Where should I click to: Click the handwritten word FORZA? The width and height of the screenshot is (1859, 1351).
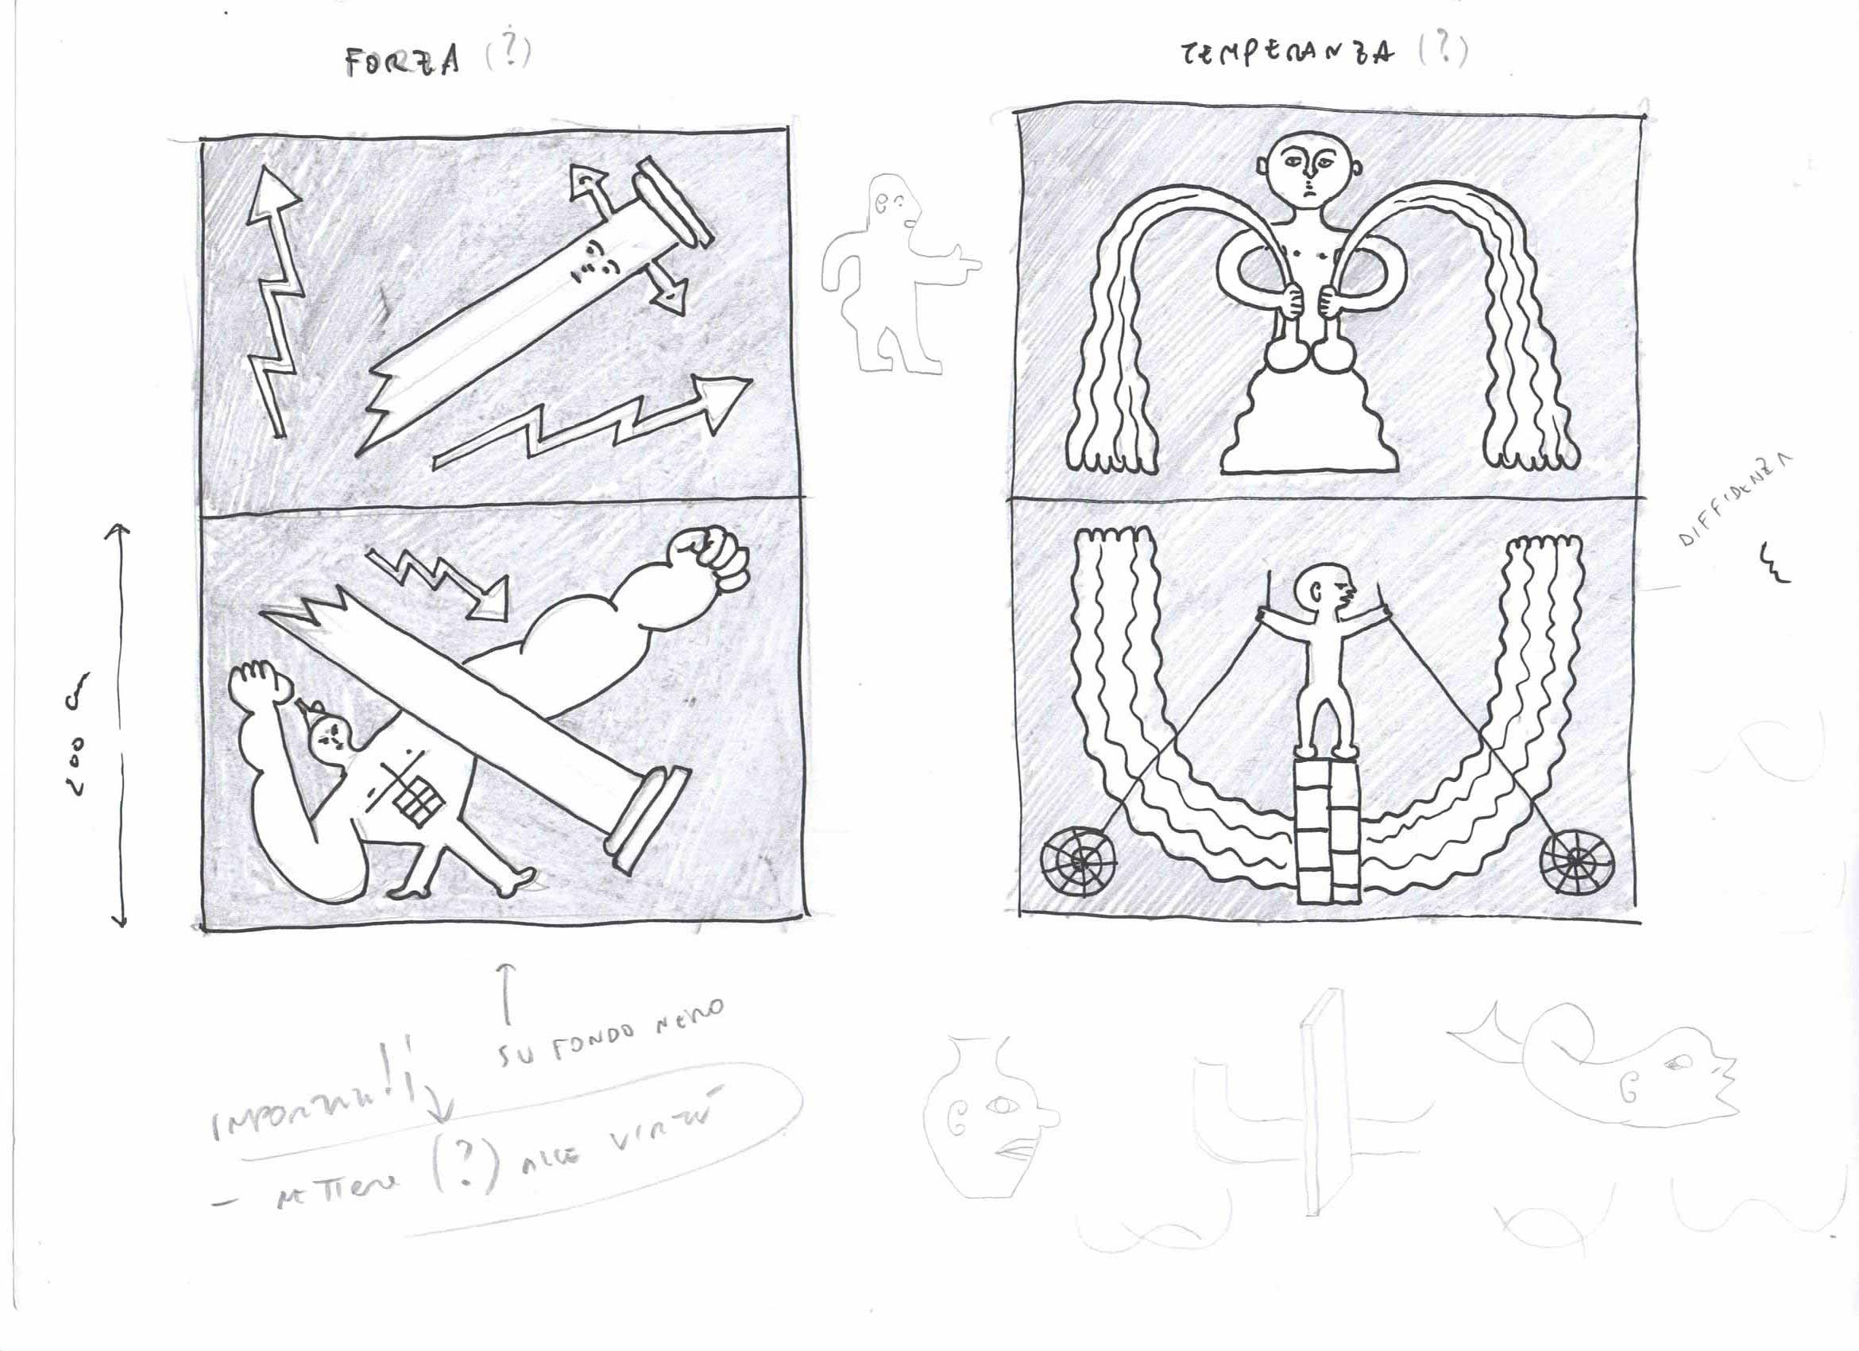(402, 62)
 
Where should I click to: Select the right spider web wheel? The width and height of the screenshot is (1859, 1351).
(1577, 861)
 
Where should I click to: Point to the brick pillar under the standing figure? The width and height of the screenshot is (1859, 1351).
(1328, 828)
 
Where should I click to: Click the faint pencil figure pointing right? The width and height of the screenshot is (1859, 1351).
(894, 270)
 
